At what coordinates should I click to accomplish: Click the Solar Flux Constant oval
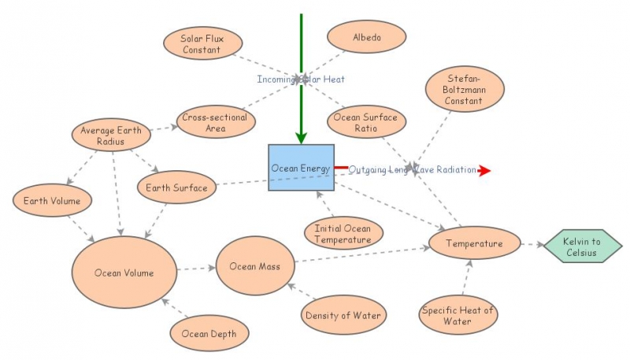201,44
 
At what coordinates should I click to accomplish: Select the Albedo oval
366,36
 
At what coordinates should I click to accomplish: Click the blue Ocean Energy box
301,168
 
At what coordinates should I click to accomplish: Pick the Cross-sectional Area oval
214,123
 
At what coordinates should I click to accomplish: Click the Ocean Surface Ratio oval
366,123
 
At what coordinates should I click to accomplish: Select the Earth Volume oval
52,201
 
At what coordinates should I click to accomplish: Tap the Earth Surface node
176,187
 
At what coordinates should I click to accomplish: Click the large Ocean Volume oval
124,273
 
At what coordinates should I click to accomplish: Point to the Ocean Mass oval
254,266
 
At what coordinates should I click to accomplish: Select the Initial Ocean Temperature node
343,233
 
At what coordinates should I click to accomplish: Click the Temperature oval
474,243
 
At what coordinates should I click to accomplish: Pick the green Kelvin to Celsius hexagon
582,247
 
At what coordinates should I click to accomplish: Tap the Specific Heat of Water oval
458,315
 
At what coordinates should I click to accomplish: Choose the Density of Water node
343,316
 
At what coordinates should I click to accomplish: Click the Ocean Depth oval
209,333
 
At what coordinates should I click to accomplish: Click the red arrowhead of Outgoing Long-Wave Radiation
484,170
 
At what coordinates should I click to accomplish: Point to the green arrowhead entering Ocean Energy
301,137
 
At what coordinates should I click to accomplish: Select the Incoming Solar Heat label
301,80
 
